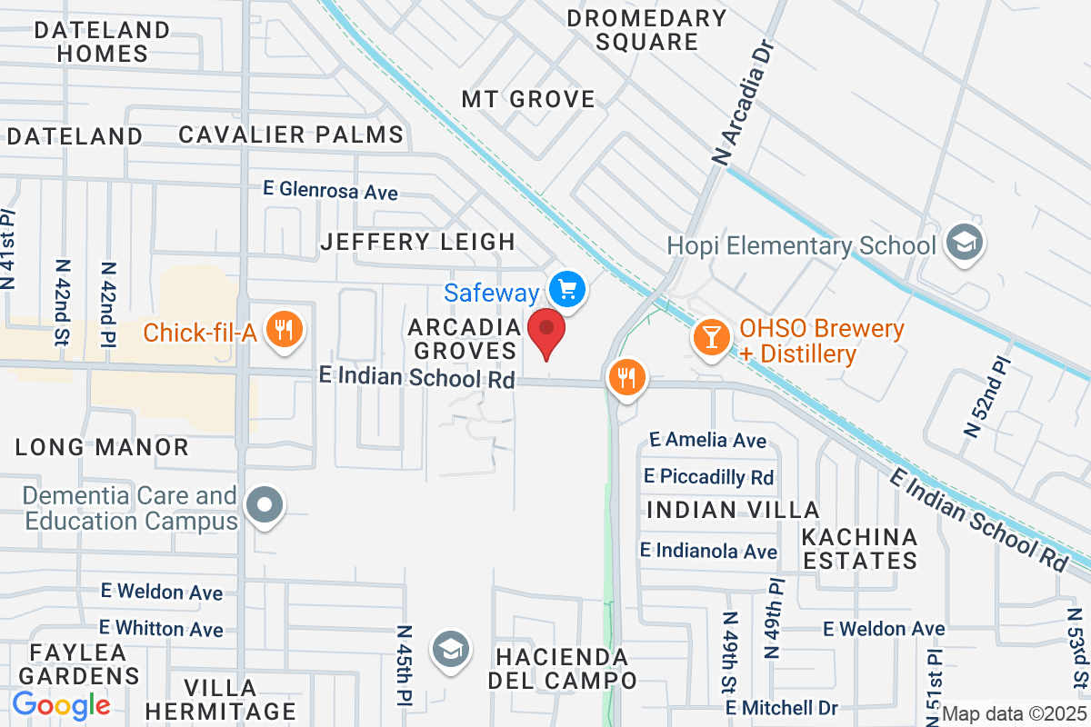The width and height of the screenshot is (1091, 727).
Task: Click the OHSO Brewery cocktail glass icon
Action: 711,337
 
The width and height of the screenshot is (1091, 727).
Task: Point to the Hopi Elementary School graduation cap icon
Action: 963,242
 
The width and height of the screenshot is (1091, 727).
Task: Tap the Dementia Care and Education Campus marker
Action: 265,505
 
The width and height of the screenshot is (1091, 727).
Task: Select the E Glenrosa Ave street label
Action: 330,192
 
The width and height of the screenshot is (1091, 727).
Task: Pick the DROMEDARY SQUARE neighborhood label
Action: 647,30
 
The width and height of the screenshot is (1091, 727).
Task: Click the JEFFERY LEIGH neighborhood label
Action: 418,242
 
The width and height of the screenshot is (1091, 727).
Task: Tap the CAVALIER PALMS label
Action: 291,135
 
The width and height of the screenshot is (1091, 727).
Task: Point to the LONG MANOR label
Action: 102,447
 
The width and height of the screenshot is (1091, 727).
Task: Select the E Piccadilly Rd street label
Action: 708,476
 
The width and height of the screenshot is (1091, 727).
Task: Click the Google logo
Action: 61,704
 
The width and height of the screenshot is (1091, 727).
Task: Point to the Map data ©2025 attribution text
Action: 1014,714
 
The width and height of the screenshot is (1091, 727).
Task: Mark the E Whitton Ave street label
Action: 161,628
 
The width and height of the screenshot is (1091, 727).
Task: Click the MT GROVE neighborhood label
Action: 528,99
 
